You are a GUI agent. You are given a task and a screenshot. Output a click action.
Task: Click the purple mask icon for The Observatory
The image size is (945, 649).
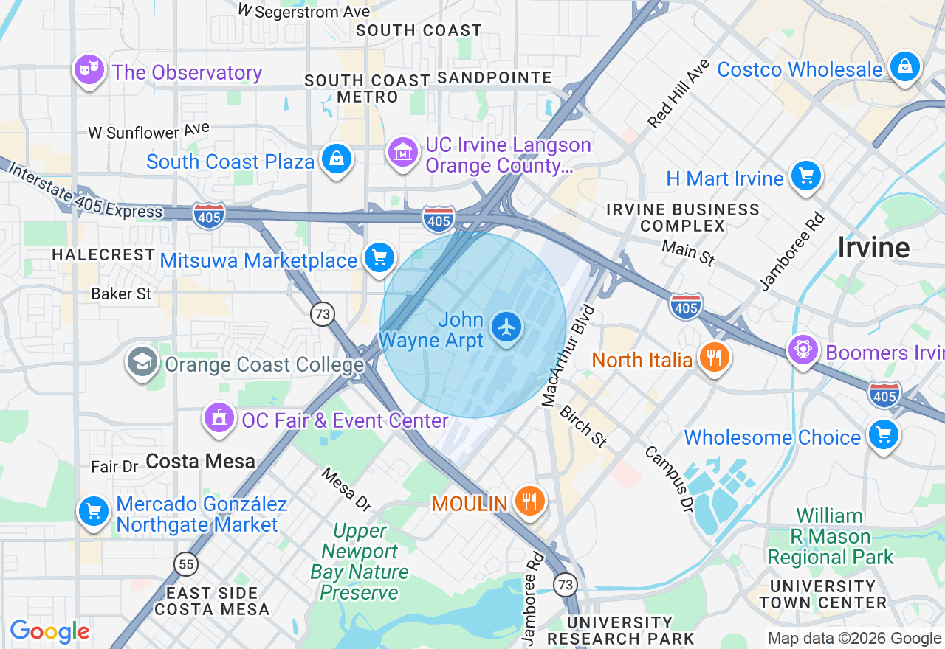(89, 70)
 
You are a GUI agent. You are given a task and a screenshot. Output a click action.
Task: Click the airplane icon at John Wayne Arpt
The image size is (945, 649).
(506, 326)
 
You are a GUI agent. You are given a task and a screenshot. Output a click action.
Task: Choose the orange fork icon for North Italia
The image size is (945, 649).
(713, 358)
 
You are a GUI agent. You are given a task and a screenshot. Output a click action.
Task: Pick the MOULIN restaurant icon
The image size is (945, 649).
(529, 502)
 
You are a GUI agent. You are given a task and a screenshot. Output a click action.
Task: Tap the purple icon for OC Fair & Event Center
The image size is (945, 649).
(219, 419)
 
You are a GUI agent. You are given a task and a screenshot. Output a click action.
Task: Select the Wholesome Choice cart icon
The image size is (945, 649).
(883, 435)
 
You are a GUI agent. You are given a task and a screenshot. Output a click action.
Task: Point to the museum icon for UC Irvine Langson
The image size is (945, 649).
(403, 153)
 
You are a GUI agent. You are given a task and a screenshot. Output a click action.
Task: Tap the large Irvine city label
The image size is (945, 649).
(873, 248)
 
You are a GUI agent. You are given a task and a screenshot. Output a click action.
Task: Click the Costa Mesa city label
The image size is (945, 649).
(200, 462)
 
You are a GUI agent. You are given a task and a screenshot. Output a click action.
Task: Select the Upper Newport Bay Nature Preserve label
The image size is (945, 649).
(360, 562)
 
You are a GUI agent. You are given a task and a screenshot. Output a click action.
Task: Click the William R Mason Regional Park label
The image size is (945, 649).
(830, 536)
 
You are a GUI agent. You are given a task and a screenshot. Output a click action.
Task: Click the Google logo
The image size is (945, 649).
(49, 631)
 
